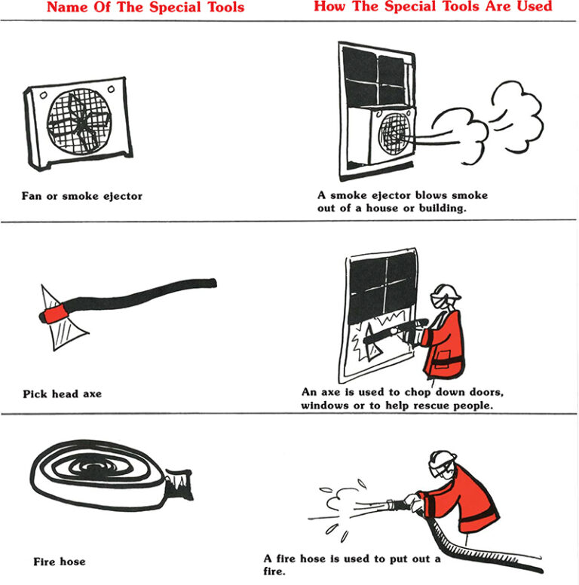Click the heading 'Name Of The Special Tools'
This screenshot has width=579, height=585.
tap(146, 8)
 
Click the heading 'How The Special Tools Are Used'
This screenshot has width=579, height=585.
tap(433, 7)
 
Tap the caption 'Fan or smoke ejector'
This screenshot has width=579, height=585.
tap(82, 196)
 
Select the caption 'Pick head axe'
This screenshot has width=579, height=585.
tap(62, 394)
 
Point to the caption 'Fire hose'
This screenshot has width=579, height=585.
tap(60, 562)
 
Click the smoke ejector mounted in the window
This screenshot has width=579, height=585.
tap(394, 136)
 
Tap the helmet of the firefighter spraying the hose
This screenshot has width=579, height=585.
tap(443, 462)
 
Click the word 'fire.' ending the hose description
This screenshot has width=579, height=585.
tap(276, 571)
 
